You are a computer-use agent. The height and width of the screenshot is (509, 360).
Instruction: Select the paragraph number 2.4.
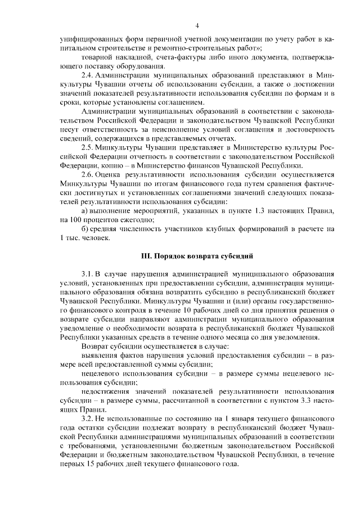click(87, 75)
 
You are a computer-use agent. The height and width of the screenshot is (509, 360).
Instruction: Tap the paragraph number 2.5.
click(87, 147)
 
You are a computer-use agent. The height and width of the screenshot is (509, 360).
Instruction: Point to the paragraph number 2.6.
click(87, 174)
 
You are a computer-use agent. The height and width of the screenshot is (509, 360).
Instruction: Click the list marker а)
click(85, 210)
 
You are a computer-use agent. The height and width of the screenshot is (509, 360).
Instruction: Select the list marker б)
click(85, 228)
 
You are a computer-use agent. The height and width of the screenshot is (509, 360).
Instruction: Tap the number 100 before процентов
click(74, 219)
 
